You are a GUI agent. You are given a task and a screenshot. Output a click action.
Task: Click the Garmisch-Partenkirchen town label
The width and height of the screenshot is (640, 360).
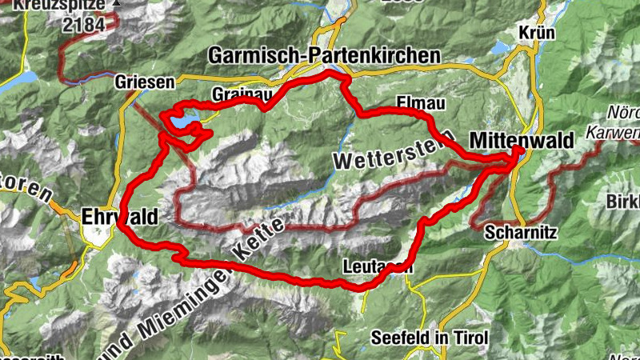click(324, 55)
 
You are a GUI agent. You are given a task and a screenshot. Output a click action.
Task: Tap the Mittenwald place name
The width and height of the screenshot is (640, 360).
click(522, 139)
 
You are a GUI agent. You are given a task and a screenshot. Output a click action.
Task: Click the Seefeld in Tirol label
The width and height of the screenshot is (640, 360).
click(430, 338)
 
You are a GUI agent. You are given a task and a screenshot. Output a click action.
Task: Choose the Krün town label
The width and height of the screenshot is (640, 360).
click(537, 32)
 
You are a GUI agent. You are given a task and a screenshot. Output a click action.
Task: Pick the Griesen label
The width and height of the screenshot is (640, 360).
click(145, 82)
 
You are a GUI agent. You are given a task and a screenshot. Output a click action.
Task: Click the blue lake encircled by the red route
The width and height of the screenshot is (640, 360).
click(182, 121)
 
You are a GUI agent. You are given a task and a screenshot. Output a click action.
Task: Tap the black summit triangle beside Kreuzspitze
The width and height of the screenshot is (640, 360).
click(118, 3)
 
